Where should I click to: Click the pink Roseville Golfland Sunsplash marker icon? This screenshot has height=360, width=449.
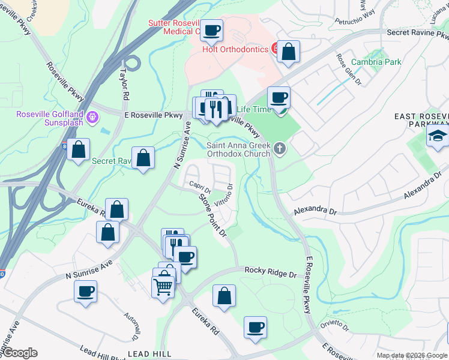pos(92,116)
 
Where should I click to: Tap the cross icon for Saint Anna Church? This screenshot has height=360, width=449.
pos(280,148)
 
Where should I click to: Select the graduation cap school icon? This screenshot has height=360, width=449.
pos(438,136)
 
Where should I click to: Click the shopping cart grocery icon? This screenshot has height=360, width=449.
pos(163,289)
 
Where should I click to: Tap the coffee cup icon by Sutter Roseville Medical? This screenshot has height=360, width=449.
pos(211,29)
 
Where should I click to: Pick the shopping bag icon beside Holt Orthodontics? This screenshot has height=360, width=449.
pos(289,52)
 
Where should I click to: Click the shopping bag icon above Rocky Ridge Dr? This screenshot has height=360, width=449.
pos(224,295)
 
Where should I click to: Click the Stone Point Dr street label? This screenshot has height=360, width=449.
pos(213,214)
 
